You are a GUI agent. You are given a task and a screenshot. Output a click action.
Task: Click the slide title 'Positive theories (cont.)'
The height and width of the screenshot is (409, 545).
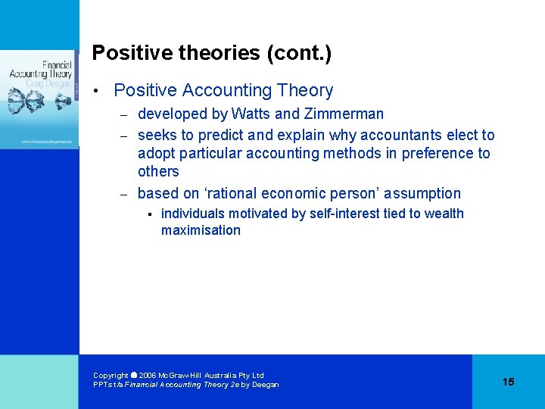[x=211, y=53]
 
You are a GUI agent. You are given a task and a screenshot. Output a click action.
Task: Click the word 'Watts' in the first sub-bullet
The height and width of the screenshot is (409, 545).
[x=251, y=114]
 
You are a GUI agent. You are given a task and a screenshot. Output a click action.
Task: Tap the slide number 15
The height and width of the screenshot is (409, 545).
[x=508, y=382]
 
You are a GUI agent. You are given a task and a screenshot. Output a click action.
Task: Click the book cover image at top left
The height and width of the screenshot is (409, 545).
[x=39, y=98]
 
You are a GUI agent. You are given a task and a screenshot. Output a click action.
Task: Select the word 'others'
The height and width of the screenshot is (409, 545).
[x=158, y=172]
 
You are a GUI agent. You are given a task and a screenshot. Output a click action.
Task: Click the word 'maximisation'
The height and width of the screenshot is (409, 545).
[x=201, y=230]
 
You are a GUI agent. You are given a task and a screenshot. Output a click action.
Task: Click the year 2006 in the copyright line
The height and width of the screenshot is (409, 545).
[x=148, y=376]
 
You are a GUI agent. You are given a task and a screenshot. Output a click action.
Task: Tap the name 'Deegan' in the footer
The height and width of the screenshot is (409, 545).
[x=265, y=385]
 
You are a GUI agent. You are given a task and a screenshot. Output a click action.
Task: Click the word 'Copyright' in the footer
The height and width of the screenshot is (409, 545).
[x=111, y=376]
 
